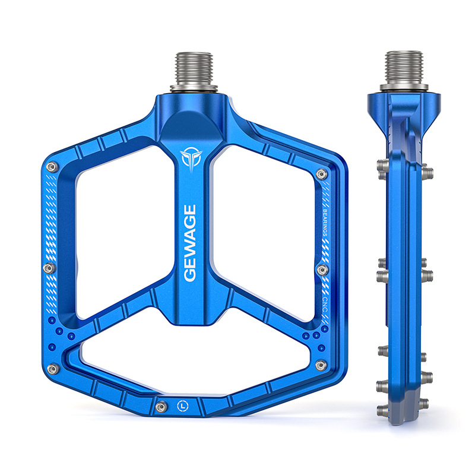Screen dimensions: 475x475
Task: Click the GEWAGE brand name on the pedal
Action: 190,243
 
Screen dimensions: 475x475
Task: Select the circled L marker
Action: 182,406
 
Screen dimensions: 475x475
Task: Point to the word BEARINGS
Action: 325,223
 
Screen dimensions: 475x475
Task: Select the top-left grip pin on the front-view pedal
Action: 52,167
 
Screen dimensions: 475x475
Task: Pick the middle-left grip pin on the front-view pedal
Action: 49,268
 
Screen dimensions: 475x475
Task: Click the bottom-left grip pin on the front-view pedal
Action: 53,369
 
